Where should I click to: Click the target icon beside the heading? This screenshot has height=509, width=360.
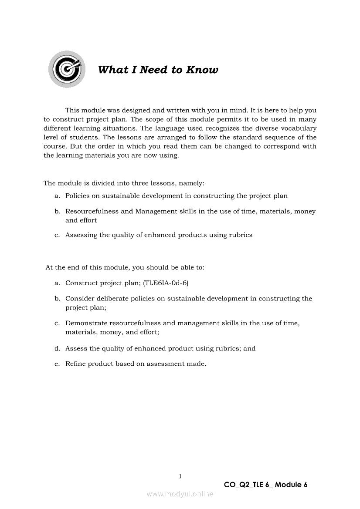pyautogui.click(x=67, y=69)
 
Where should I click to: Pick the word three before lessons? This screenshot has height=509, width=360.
pyautogui.click(x=126, y=184)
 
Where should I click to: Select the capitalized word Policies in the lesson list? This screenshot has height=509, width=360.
pyautogui.click(x=78, y=196)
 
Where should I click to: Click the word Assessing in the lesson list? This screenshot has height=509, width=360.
pyautogui.click(x=82, y=235)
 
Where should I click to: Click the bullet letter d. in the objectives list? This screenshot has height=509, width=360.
pyautogui.click(x=57, y=348)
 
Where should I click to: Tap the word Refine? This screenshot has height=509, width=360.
pyautogui.click(x=75, y=364)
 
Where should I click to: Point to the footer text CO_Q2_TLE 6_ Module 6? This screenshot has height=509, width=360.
pyautogui.click(x=265, y=485)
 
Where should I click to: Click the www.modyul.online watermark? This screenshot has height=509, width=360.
pyautogui.click(x=180, y=494)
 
